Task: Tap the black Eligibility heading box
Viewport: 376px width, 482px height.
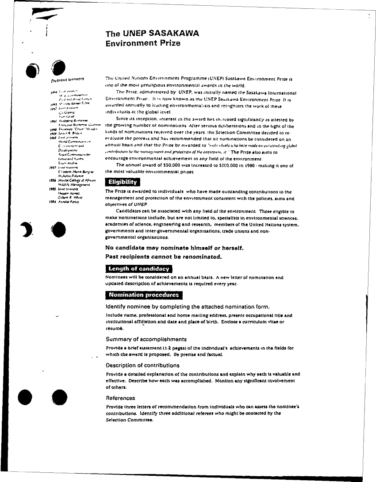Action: pos(123,182)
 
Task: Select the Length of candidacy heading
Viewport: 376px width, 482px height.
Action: pos(139,268)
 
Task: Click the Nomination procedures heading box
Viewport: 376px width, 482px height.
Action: pos(144,295)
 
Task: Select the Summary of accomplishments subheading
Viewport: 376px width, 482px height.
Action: pos(146,339)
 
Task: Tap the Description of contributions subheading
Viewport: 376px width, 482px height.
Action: pos(142,365)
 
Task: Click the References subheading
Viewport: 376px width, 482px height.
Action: pos(120,398)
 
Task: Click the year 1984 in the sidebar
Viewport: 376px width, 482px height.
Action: pos(53,201)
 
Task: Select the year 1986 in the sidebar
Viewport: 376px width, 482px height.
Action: pos(53,181)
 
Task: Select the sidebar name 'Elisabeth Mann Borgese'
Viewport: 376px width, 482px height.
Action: pos(73,171)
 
